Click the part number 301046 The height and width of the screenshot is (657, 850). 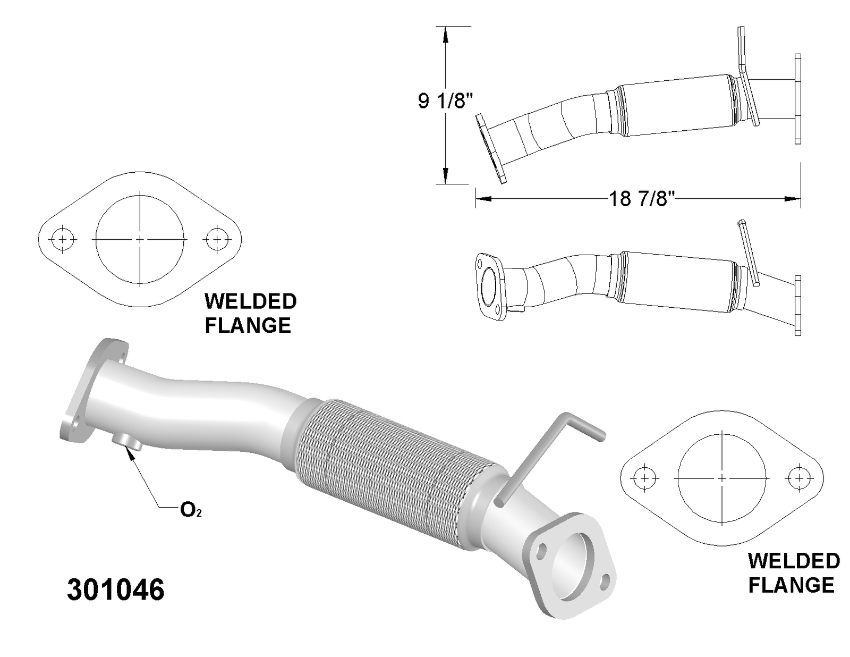coord(115,589)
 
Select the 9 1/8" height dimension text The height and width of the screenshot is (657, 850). coord(445,100)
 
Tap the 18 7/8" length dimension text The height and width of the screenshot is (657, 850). coord(641,199)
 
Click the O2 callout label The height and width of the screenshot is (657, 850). coord(191,510)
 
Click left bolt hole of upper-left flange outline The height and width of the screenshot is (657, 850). coord(63,239)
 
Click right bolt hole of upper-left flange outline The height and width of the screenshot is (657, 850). coord(217,239)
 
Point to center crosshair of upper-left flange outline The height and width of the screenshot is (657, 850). coord(140,239)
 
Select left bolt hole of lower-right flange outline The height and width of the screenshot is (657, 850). coord(644,478)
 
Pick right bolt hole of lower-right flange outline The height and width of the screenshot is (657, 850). coord(798,478)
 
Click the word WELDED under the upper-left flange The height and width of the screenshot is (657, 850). coord(250,301)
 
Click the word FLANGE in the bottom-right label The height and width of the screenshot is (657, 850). coord(791,585)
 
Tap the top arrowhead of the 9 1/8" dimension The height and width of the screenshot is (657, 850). coord(445,35)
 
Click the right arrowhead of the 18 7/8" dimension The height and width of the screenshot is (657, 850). coord(794,199)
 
